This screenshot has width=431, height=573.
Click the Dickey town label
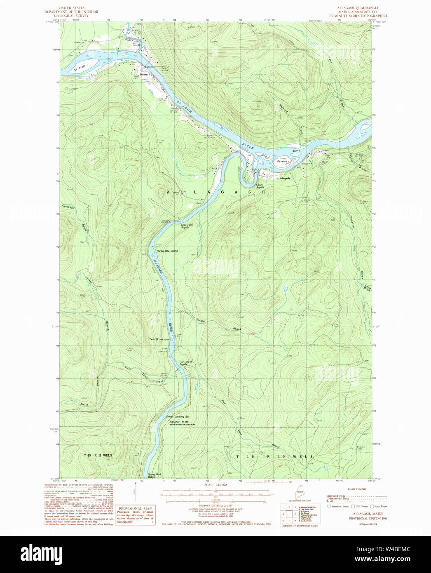(x=143, y=75)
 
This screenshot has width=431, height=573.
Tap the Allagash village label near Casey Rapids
(x=285, y=178)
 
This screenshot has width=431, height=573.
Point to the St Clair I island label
(x=81, y=68)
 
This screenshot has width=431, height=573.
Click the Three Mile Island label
(x=167, y=251)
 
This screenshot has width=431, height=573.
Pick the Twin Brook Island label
(x=160, y=339)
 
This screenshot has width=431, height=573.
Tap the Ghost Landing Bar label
(x=178, y=417)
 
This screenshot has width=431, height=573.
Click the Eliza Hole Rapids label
(x=187, y=226)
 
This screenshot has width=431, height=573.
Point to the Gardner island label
(x=283, y=162)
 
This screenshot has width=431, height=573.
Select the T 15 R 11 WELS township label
(x=98, y=456)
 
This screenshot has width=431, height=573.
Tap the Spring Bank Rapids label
(x=149, y=475)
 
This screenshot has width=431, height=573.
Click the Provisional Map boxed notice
(x=135, y=515)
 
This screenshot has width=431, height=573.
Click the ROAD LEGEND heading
(x=356, y=489)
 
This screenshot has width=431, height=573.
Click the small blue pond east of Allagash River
(x=285, y=289)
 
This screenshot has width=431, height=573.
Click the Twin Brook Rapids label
(x=185, y=363)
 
